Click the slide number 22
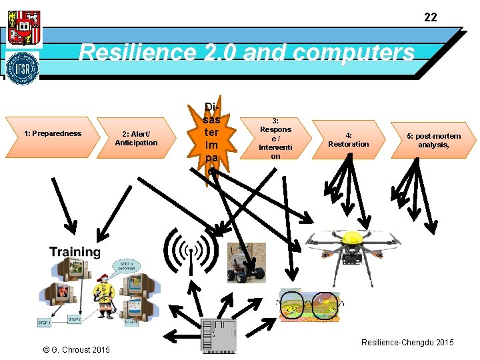431,17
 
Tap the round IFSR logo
23,68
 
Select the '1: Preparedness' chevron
53,133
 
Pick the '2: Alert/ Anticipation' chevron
136,138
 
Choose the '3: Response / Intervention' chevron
275,138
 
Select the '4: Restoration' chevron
348,139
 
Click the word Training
75,252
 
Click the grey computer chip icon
218,336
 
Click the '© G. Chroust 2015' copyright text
77,349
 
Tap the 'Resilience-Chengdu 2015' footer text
407,342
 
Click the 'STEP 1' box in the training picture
45,323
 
